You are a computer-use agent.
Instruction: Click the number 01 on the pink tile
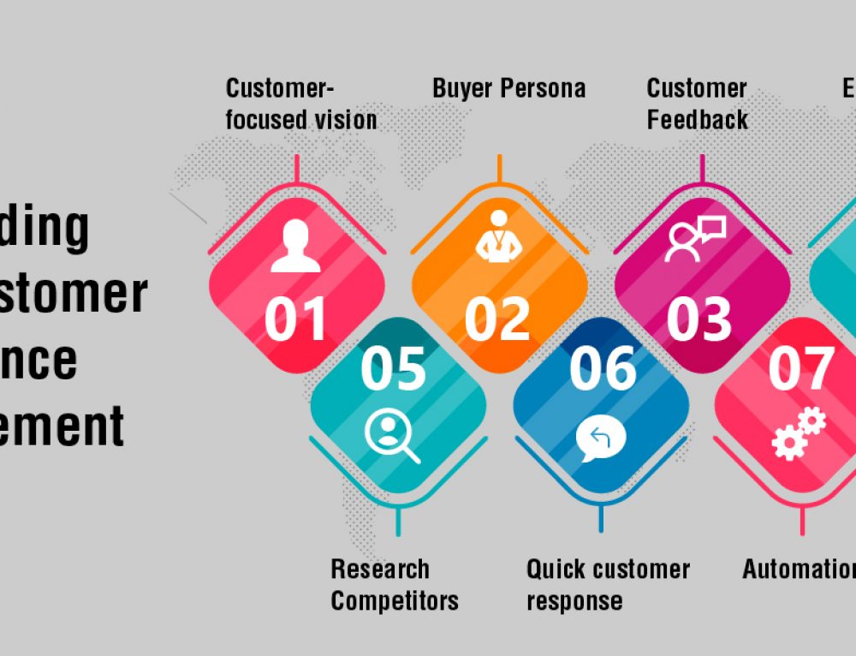pyautogui.click(x=295, y=319)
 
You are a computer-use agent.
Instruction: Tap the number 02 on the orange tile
pyautogui.click(x=496, y=319)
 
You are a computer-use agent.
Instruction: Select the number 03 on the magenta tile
pyautogui.click(x=699, y=319)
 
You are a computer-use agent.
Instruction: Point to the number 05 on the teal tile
pyautogui.click(x=393, y=368)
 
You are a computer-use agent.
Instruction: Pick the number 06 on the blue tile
pyautogui.click(x=603, y=368)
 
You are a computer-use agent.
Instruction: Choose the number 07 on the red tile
pyautogui.click(x=800, y=368)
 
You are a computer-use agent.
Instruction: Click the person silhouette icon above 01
pyautogui.click(x=295, y=246)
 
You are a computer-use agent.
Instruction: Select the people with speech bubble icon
pyautogui.click(x=695, y=239)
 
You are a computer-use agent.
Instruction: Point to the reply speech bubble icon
pyautogui.click(x=600, y=439)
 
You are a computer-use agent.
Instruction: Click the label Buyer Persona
pyautogui.click(x=508, y=88)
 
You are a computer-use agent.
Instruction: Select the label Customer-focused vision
pyautogui.click(x=300, y=104)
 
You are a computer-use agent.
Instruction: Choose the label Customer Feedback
pyautogui.click(x=697, y=104)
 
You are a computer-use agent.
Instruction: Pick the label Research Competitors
pyautogui.click(x=394, y=585)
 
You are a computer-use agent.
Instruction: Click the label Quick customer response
pyautogui.click(x=607, y=585)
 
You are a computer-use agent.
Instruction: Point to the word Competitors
pyautogui.click(x=394, y=600)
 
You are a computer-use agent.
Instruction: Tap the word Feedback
pyautogui.click(x=697, y=119)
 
